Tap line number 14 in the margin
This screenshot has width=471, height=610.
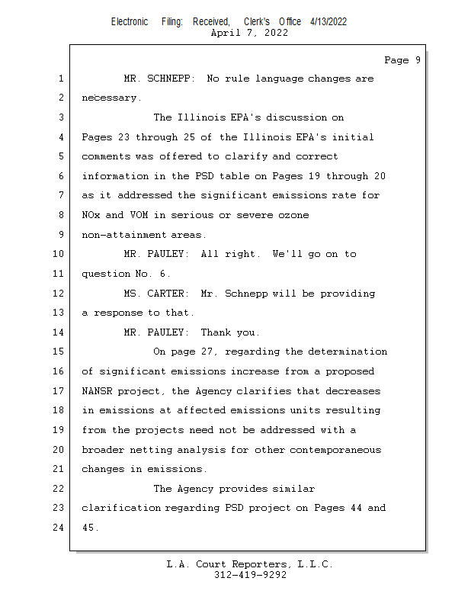coord(59,332)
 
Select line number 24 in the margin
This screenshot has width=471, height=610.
coord(59,527)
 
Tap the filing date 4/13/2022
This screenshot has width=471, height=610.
coord(328,21)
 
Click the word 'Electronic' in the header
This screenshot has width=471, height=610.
coord(130,21)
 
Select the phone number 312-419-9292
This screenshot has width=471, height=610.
coord(250,575)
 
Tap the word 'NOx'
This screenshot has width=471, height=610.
coord(91,215)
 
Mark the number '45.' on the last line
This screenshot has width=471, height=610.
coord(91,527)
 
